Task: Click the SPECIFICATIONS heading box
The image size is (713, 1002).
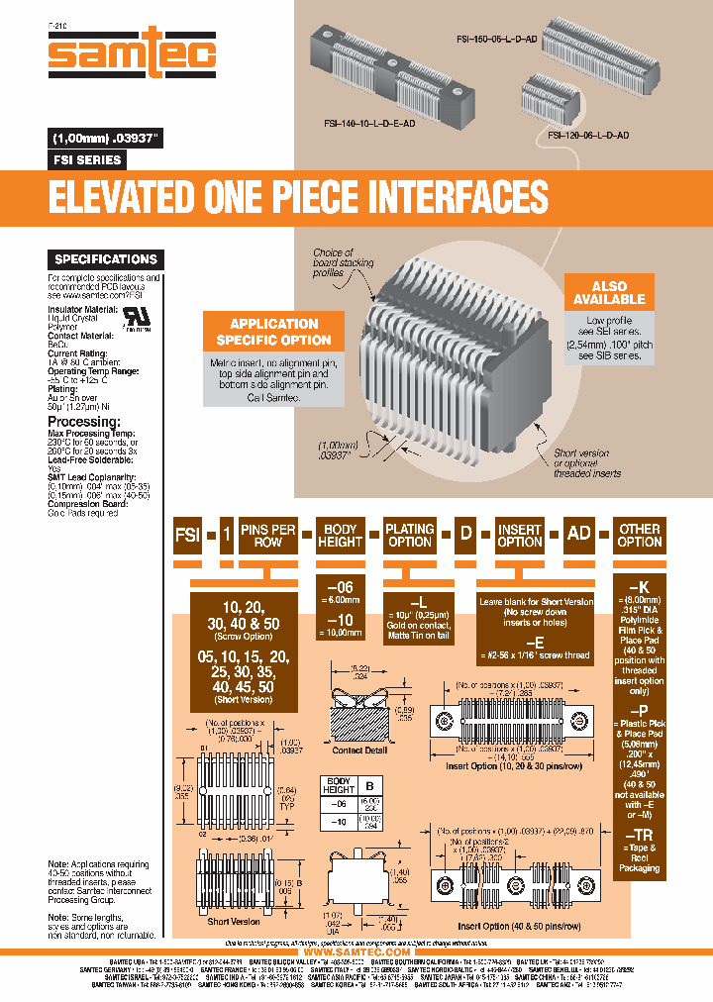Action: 106,259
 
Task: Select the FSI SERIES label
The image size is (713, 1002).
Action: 86,159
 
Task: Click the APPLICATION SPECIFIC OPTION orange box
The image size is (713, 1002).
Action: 273,332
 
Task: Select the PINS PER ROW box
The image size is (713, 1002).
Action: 267,536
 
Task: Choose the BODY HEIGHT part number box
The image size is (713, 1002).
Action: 340,536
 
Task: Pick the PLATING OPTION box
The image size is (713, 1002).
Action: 409,536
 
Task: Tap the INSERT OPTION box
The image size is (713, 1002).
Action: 519,536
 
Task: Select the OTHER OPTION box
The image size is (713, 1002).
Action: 639,536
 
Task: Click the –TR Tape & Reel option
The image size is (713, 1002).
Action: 639,835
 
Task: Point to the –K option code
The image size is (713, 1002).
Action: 639,586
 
